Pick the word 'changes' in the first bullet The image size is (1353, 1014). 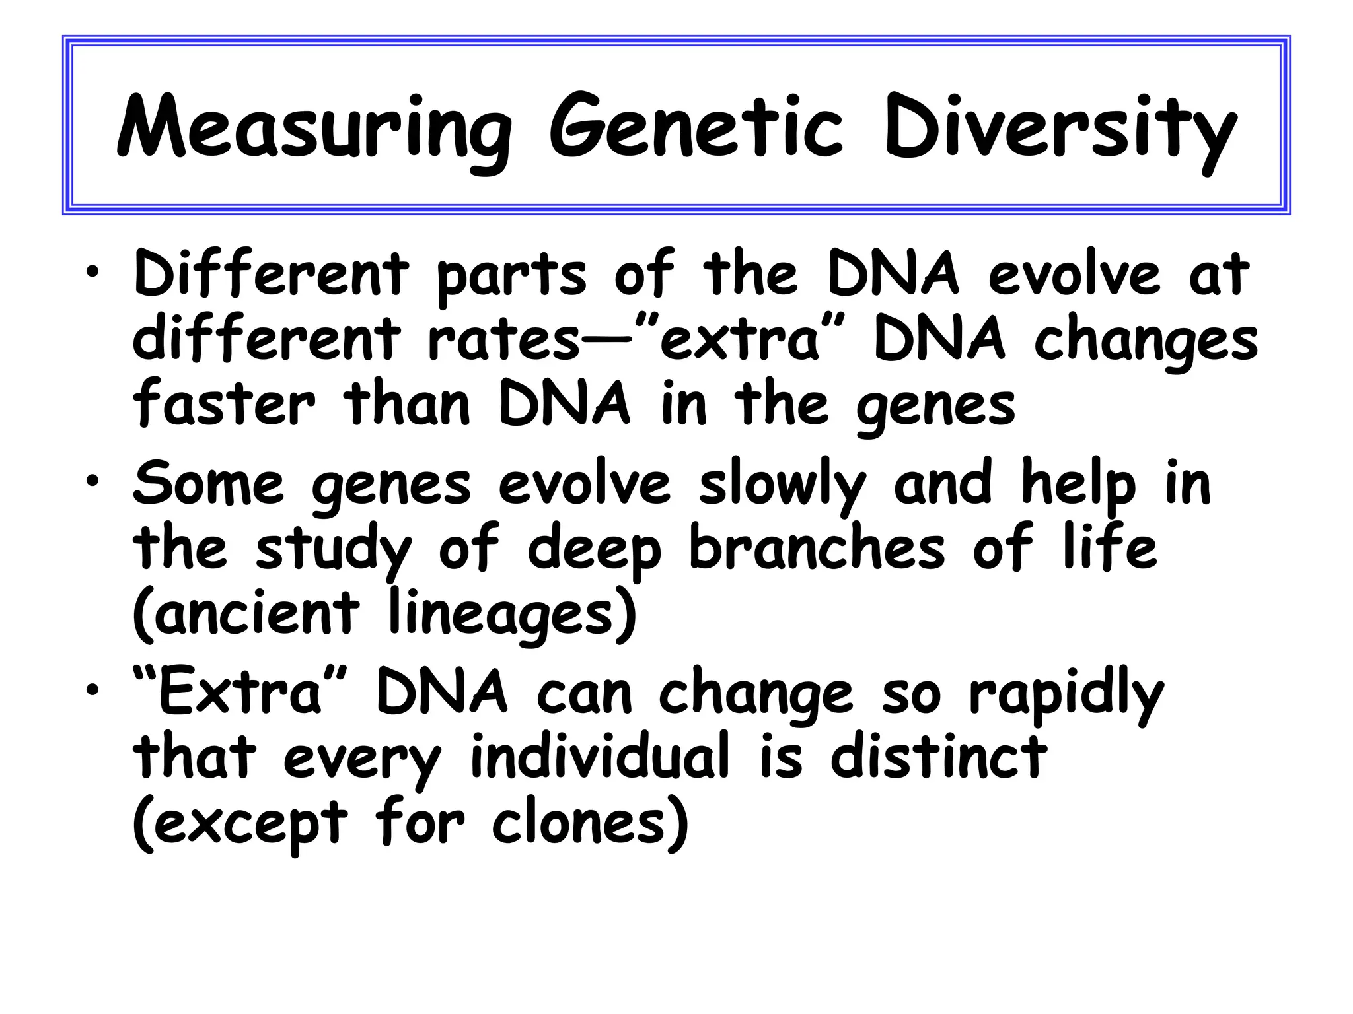point(1146,342)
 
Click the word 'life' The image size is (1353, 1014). point(1110,547)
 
